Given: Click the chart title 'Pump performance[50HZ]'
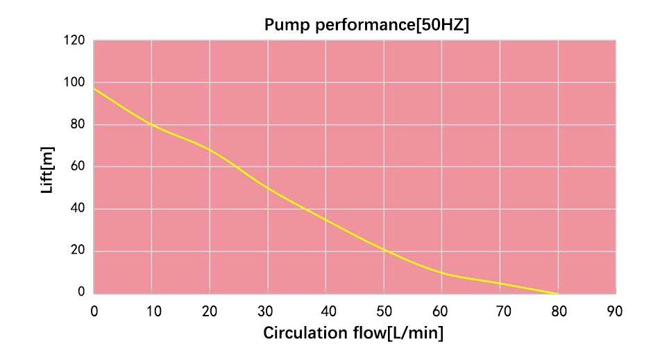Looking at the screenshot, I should click(x=368, y=26).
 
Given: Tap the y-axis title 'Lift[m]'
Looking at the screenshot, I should click(x=47, y=169).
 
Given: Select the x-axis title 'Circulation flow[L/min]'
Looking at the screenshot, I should click(x=353, y=333).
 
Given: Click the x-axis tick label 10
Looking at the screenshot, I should click(x=153, y=310).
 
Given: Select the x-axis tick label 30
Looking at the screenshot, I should click(x=268, y=310).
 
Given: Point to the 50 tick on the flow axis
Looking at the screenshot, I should click(x=384, y=310).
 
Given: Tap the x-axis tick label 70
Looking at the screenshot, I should click(x=500, y=310).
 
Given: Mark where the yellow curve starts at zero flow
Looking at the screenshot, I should click(x=94, y=89).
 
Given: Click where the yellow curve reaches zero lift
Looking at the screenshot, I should click(x=558, y=293).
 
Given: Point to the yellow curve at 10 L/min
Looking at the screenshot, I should click(x=152, y=125).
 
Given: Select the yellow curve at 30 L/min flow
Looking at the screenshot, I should click(x=268, y=188).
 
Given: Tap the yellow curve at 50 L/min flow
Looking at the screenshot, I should click(x=384, y=250).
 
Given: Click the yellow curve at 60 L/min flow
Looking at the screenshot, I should click(x=442, y=273).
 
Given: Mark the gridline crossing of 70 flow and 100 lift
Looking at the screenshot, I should click(x=500, y=83).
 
